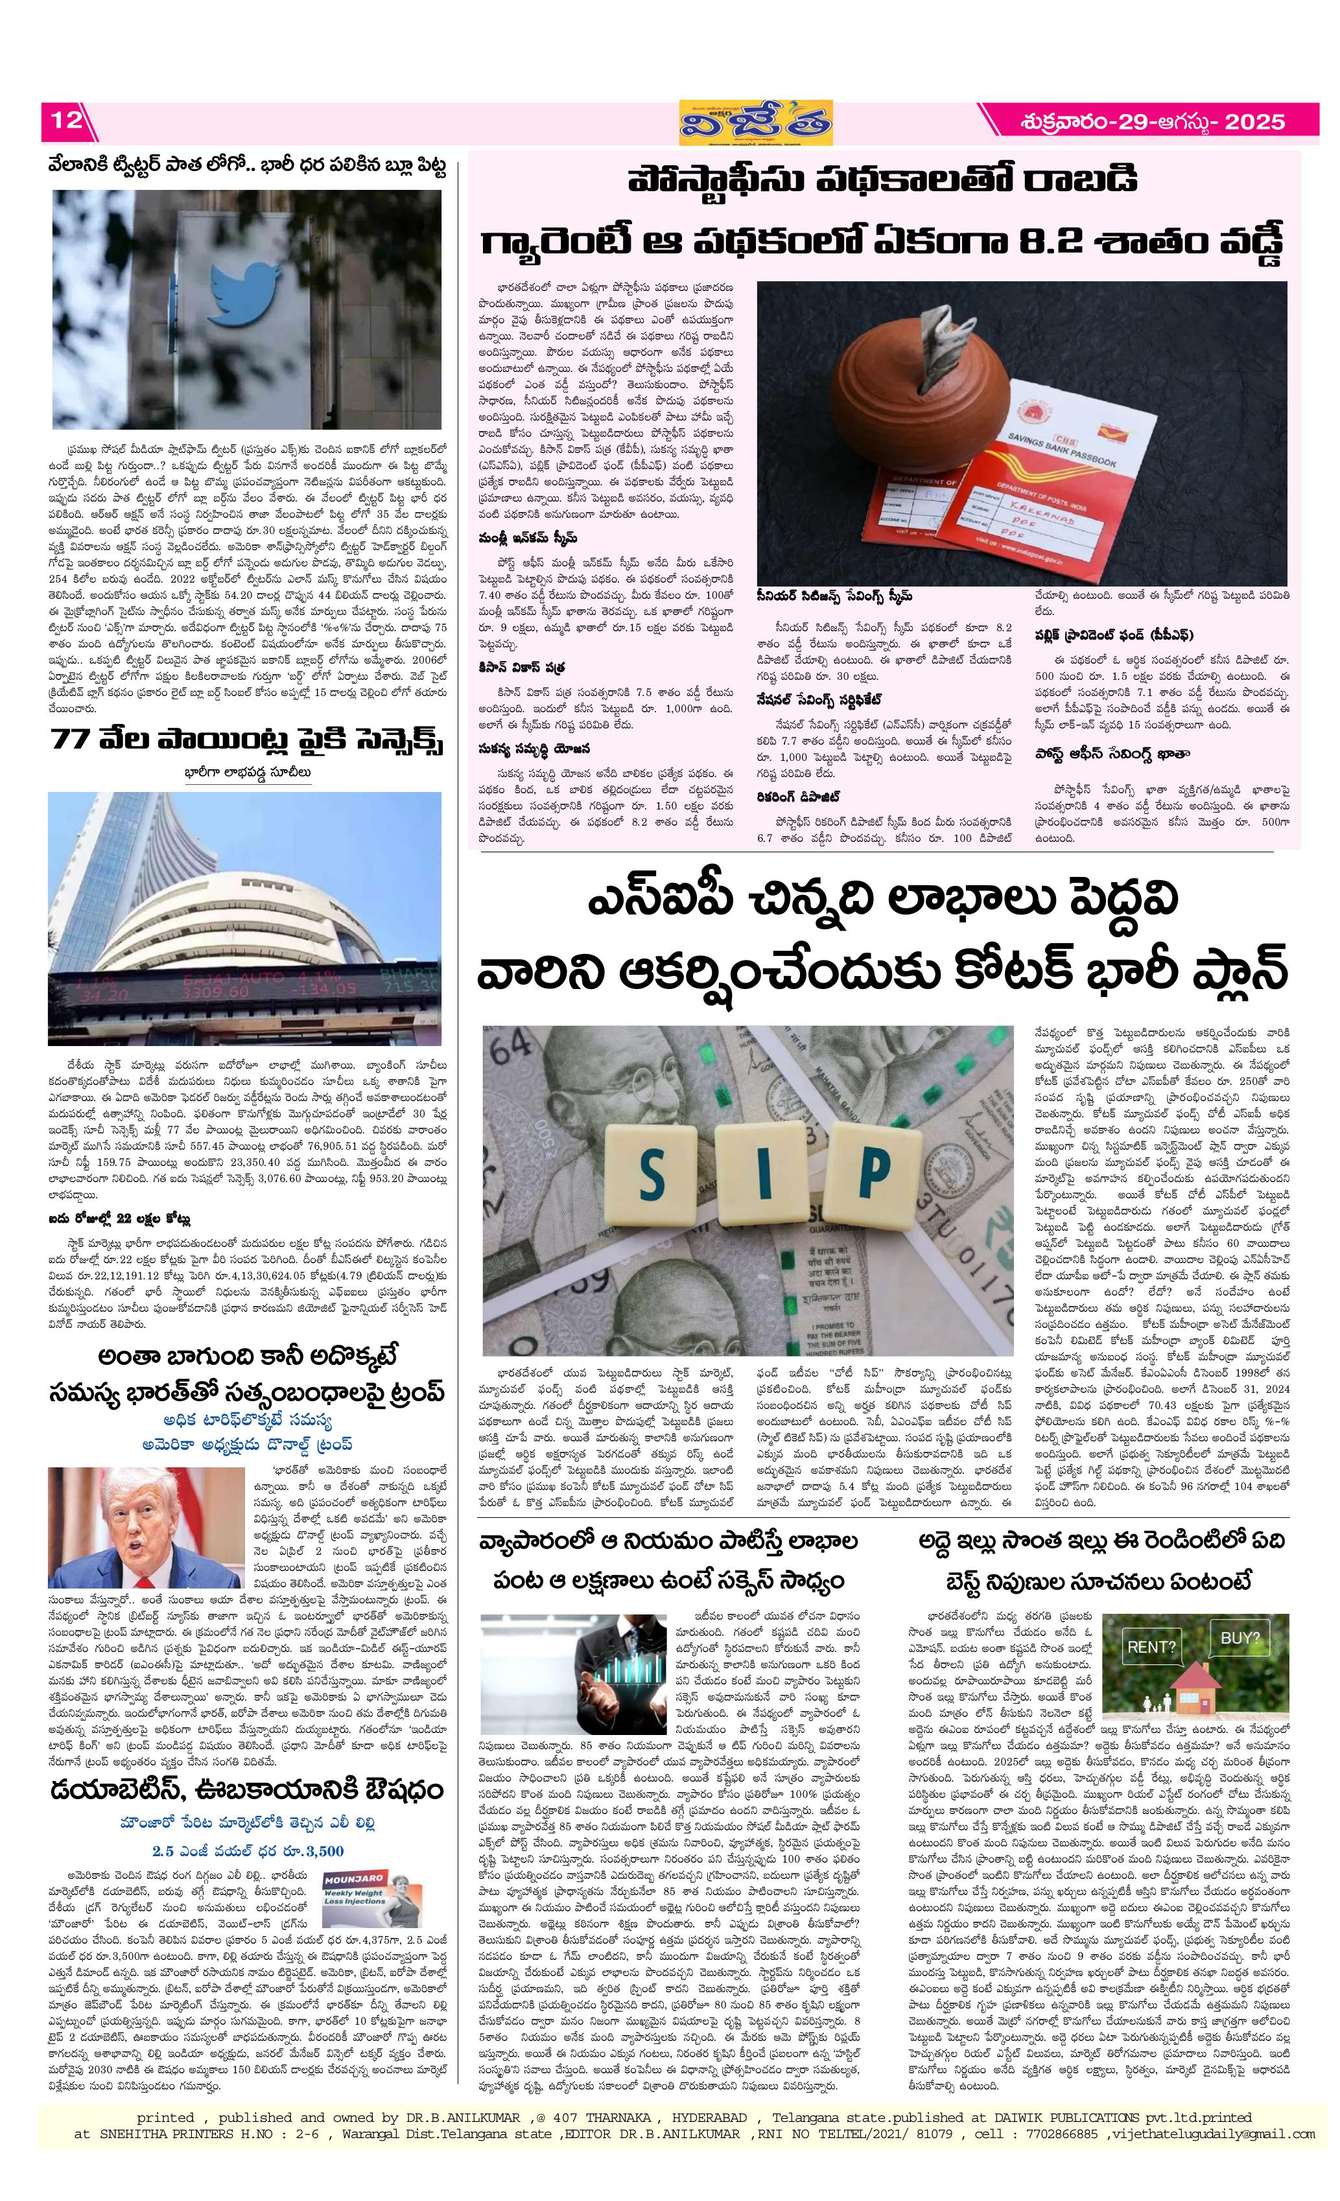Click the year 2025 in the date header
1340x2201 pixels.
click(1254, 121)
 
